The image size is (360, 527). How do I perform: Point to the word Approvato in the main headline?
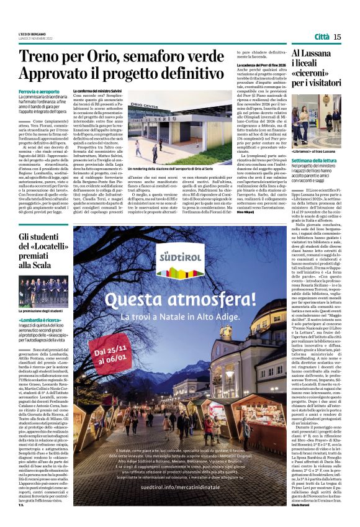(55, 73)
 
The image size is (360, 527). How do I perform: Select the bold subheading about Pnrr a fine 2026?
(260, 66)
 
